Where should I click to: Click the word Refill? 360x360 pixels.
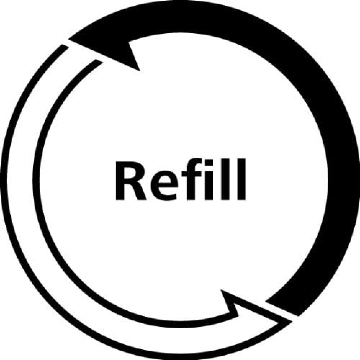point(180,180)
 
